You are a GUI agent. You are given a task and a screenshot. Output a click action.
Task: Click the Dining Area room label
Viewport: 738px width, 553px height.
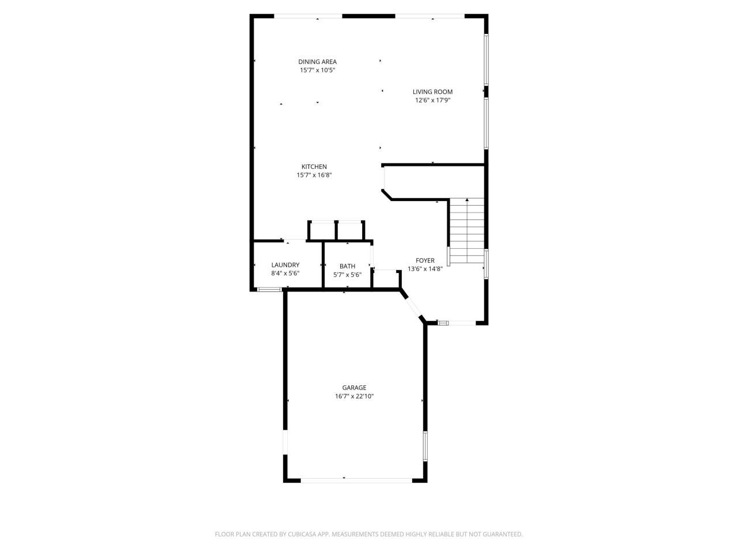[x=317, y=62]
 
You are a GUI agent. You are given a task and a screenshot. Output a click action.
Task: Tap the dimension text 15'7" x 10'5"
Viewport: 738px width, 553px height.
[x=317, y=70]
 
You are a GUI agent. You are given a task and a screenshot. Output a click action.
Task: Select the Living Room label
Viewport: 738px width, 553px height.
[x=432, y=92]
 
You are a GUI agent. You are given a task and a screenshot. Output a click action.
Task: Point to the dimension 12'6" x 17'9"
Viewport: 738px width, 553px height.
[x=432, y=100]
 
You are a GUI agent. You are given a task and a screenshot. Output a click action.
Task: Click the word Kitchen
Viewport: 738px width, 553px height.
[x=314, y=166]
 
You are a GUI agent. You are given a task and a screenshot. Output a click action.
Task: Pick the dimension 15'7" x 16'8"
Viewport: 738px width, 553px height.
[x=314, y=175]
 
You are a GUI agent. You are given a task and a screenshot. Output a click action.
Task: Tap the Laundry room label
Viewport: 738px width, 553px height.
[x=285, y=265]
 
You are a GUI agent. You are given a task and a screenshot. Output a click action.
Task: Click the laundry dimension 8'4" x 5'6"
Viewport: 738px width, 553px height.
[x=285, y=274]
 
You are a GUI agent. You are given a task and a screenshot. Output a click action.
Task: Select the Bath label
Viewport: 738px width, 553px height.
[x=347, y=266]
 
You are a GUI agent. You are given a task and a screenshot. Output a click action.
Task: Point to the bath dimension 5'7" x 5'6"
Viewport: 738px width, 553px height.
[x=347, y=275]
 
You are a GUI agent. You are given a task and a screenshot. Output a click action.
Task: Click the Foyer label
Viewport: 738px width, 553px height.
[x=425, y=260]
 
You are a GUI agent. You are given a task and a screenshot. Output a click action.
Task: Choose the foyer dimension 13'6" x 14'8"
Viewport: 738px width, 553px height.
[x=425, y=269]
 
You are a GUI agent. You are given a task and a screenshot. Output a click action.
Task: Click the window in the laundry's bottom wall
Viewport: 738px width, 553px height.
[x=269, y=289]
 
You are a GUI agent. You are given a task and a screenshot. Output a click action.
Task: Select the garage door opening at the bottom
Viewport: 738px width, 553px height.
[x=356, y=479]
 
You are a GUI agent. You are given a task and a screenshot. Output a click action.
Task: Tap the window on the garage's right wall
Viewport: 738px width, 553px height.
[x=426, y=446]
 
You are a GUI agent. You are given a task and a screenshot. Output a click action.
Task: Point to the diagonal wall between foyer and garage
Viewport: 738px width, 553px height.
[x=413, y=306]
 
